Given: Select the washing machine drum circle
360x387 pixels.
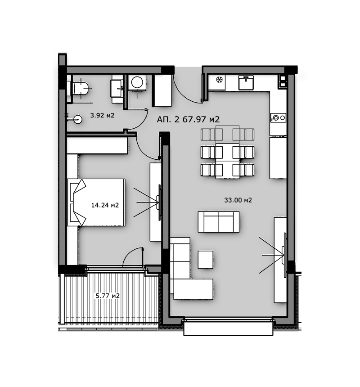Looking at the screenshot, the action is click(x=137, y=82).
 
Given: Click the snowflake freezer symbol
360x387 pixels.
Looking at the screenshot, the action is click(x=219, y=80).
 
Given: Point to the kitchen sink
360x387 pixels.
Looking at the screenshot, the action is click(x=246, y=83).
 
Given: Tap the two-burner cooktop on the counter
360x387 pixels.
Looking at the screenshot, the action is click(x=279, y=118).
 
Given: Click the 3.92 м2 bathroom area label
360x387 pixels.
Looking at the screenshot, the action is click(x=102, y=115).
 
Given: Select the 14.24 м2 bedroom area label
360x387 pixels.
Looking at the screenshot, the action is click(x=105, y=205).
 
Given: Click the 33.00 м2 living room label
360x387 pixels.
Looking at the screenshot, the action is click(x=238, y=200).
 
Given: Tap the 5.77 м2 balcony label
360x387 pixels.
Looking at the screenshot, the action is click(x=108, y=296).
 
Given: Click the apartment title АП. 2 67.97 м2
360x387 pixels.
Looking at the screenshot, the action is click(x=188, y=119).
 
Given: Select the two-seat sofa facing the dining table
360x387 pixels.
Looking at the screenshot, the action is click(x=219, y=222).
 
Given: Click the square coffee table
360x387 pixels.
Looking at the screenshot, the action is click(x=206, y=259).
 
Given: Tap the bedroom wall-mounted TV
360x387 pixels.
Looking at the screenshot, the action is click(x=160, y=202).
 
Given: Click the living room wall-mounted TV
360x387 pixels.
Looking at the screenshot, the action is click(x=285, y=255).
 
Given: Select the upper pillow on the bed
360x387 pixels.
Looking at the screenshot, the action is click(x=78, y=189).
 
